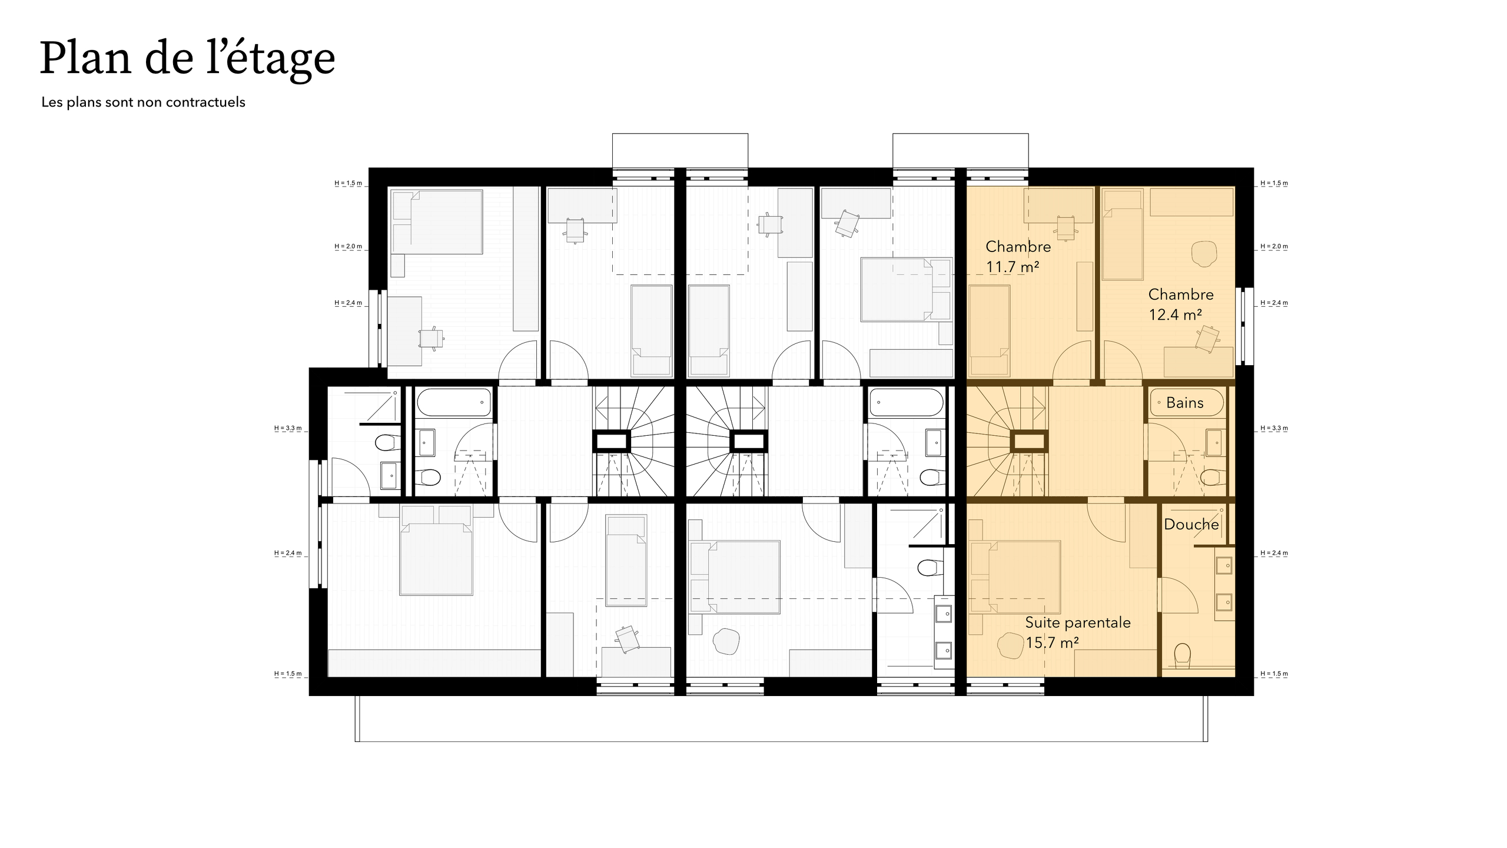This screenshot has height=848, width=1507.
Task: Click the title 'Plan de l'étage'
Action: tap(187, 59)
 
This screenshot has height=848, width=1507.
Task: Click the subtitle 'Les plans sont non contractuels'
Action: tap(143, 102)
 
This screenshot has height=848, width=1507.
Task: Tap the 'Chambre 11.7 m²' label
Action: tap(1018, 256)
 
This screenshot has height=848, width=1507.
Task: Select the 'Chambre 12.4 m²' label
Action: tap(1180, 304)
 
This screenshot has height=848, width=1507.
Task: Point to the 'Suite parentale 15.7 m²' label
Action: tap(1077, 632)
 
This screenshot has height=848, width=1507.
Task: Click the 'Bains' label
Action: tap(1184, 403)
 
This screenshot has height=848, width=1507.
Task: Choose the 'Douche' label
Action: tap(1191, 524)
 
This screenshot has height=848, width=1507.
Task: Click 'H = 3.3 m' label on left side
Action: tap(288, 429)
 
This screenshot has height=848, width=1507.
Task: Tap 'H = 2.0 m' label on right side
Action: tap(1274, 247)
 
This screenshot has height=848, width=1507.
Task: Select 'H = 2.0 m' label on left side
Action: tap(348, 247)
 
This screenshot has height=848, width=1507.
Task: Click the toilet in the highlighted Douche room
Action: tap(1182, 654)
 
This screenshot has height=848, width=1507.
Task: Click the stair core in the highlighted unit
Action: tap(1029, 440)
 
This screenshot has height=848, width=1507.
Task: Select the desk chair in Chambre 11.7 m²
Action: tap(1067, 228)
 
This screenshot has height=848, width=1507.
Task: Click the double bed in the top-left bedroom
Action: tap(437, 222)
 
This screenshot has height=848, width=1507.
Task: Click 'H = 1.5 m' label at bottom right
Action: tap(1274, 674)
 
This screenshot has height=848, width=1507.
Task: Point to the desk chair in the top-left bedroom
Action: tap(431, 339)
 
